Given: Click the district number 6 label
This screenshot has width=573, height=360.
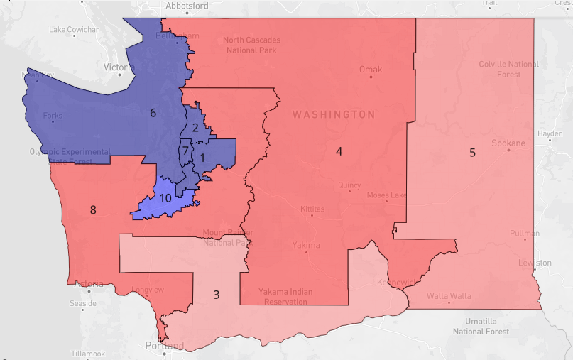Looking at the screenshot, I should click(152, 113).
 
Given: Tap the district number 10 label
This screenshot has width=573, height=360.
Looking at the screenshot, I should click(165, 198).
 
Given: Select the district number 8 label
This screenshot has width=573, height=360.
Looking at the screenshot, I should click(92, 209).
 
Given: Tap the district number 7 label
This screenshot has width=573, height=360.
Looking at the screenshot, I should click(185, 151).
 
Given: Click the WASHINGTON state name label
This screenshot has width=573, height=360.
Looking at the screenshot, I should click(334, 114).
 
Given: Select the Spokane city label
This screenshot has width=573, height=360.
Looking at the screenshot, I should click(508, 143).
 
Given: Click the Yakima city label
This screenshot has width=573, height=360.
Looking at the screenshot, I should click(306, 245).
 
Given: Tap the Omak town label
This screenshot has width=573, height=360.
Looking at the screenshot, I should click(370, 70).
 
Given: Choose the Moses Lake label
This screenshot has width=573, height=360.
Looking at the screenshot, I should click(386, 195).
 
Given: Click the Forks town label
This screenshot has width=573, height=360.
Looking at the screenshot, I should click(53, 116).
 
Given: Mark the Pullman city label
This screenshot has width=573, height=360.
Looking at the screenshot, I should click(524, 234).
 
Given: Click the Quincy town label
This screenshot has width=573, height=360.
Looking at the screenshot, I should click(349, 185).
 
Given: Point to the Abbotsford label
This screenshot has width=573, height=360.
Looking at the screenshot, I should click(187, 6).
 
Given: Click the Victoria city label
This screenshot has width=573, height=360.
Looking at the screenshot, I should click(119, 67).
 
